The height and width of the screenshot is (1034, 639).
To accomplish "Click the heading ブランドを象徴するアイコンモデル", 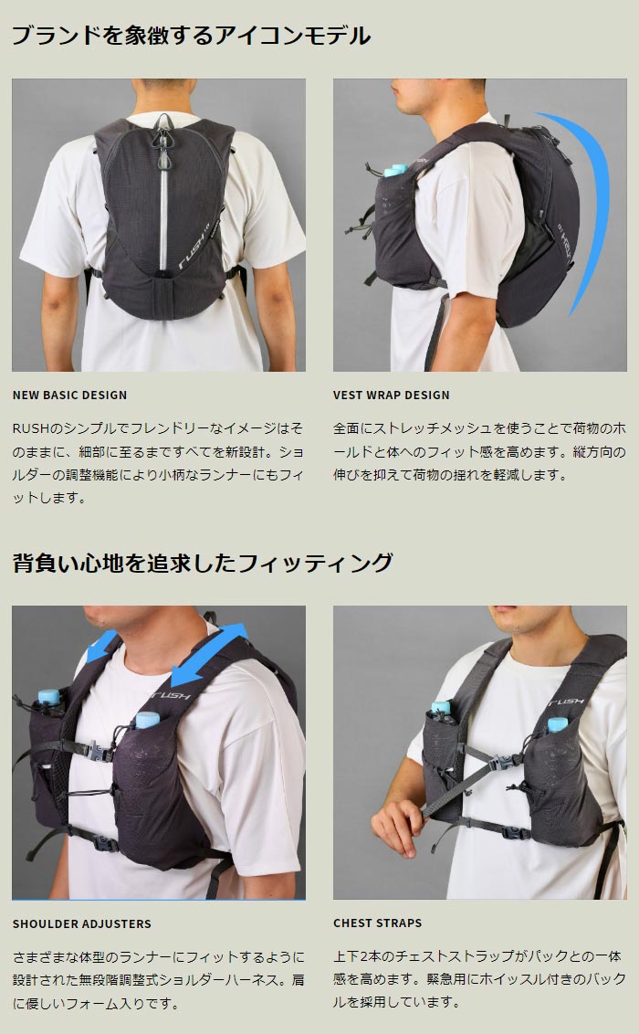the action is click(x=191, y=35).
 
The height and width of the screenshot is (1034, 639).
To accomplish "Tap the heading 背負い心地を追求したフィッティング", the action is click(x=203, y=563).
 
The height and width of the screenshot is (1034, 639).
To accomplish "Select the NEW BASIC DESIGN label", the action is click(x=69, y=395).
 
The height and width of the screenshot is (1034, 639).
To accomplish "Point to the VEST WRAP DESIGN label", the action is click(x=392, y=395).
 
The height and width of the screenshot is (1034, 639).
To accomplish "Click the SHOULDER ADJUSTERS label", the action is click(x=81, y=923).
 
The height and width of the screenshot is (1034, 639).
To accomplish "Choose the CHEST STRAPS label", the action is click(x=378, y=923).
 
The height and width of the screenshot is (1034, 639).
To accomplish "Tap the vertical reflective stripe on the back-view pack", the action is click(x=163, y=217).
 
